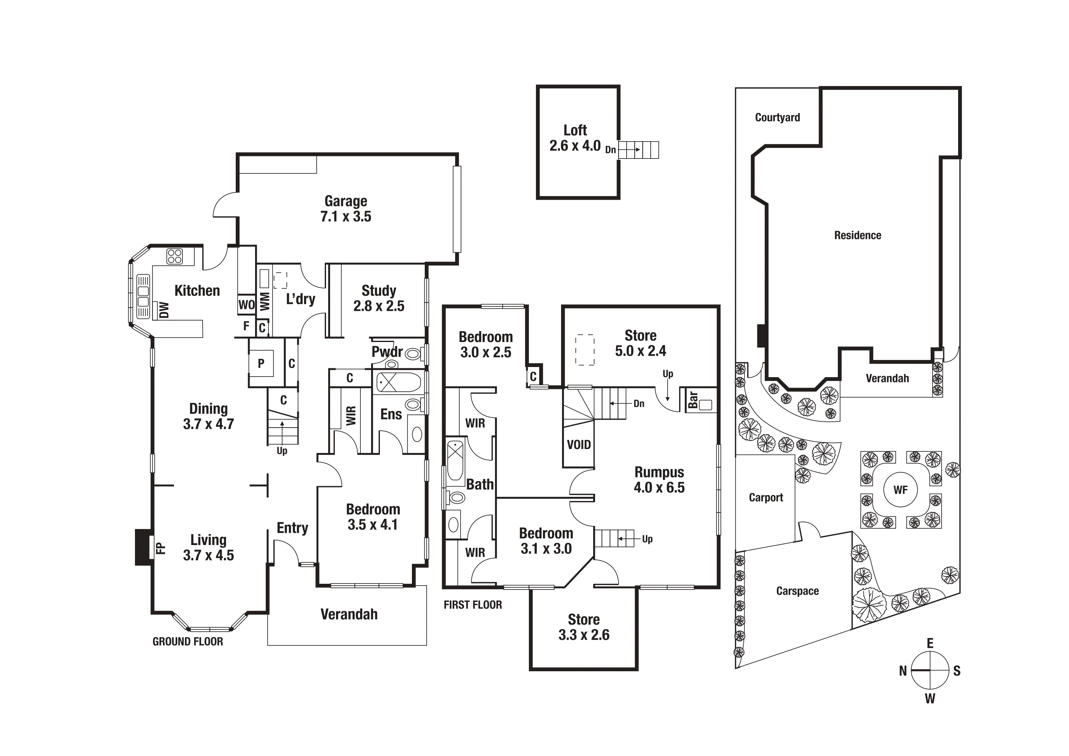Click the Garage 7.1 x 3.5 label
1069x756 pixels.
(x=345, y=209)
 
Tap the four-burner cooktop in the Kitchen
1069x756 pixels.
(x=175, y=256)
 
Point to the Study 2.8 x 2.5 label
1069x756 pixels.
(x=379, y=298)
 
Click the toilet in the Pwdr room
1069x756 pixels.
(x=412, y=354)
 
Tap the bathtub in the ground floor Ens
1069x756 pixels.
(x=398, y=383)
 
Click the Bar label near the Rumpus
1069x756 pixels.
(x=693, y=400)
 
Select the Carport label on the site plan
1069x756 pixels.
(x=766, y=497)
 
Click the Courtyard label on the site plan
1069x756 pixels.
(x=777, y=117)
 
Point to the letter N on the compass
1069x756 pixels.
(x=903, y=671)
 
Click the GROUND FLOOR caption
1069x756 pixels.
(x=188, y=641)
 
